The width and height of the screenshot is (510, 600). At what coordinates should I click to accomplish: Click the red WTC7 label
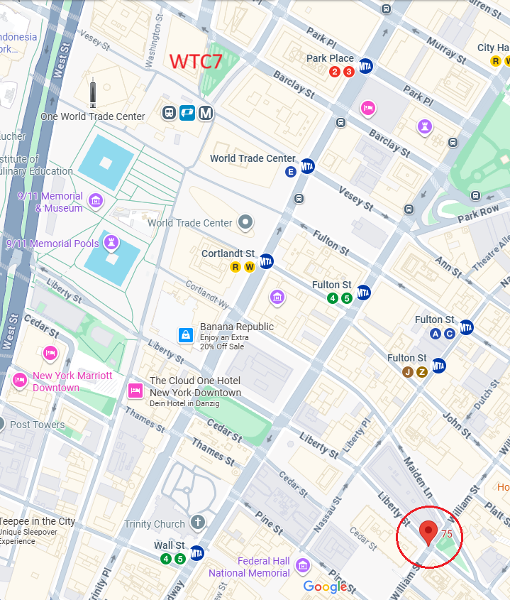196,61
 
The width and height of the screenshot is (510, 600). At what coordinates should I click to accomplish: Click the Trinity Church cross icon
197,524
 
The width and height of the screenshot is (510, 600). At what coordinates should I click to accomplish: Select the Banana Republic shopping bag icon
185,334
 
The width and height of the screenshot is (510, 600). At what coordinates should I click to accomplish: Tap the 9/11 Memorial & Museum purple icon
95,201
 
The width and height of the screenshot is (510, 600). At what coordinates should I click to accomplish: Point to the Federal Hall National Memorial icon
303,565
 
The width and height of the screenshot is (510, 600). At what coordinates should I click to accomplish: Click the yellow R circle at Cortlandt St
235,267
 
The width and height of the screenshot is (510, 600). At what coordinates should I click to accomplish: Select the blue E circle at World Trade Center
290,172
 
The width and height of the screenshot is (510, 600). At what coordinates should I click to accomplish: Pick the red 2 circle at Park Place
335,72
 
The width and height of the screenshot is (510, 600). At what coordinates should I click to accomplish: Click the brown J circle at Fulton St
407,371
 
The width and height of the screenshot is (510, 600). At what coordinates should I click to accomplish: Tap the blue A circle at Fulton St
436,333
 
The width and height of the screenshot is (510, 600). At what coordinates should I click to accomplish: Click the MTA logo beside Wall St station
197,552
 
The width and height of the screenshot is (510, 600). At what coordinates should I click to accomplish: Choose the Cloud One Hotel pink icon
135,390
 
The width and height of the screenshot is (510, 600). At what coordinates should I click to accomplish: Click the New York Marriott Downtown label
72,381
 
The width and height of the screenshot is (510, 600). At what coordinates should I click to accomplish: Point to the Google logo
326,586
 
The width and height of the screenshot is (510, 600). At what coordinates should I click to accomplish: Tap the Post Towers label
38,425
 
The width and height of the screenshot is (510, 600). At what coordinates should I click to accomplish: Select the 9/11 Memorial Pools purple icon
111,244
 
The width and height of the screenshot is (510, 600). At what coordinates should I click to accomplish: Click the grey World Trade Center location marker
245,223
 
